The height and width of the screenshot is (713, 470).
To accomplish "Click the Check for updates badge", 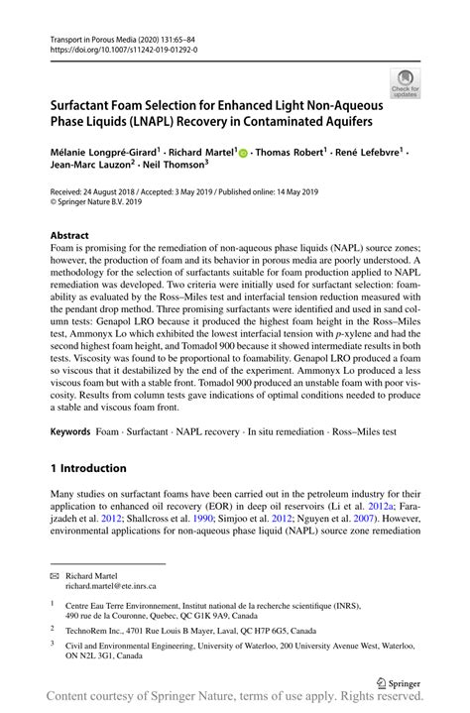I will coord(405,82).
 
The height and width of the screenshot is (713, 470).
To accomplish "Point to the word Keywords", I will coord(70,432).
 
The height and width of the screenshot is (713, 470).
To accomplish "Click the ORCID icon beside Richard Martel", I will coord(243,153).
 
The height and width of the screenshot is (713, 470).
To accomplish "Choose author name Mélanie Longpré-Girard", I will coord(103,153).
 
